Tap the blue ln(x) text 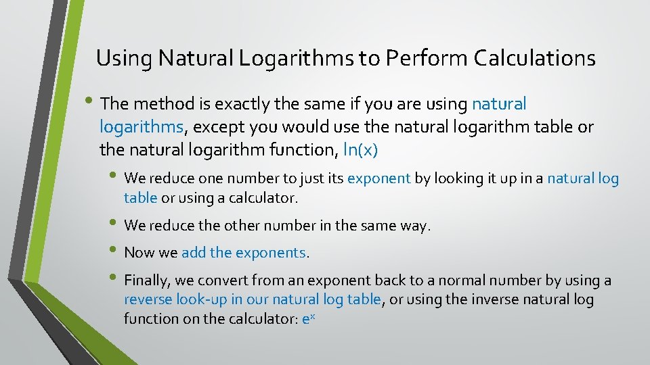361,149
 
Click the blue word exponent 378,178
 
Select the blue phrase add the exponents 244,253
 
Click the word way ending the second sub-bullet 415,226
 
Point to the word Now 139,253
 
